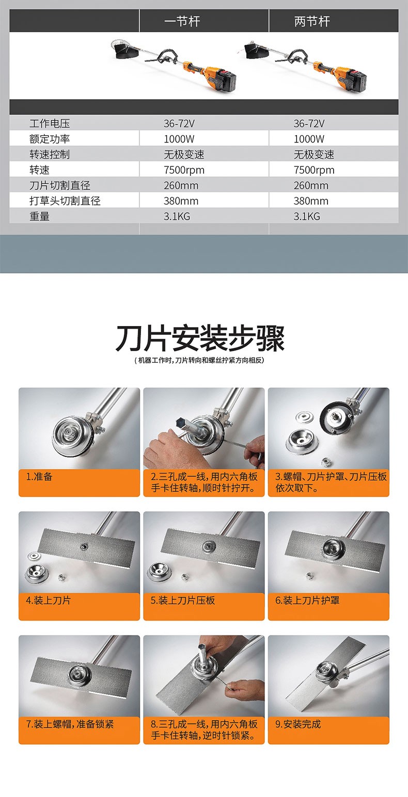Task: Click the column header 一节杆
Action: tap(182, 21)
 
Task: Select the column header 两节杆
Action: tap(312, 21)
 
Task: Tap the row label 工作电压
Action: tap(50, 123)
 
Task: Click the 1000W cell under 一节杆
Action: tap(179, 139)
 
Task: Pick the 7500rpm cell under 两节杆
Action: tap(314, 170)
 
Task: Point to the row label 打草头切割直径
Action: tap(65, 201)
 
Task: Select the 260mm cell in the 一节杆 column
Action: tap(181, 185)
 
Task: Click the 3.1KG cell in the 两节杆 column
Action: tap(307, 216)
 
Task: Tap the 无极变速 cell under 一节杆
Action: tap(184, 154)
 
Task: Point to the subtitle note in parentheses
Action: tap(199, 360)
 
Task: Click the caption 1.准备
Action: tap(39, 477)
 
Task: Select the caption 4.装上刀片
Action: tap(49, 600)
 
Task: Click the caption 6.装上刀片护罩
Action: tap(307, 600)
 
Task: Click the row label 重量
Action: tap(39, 216)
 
